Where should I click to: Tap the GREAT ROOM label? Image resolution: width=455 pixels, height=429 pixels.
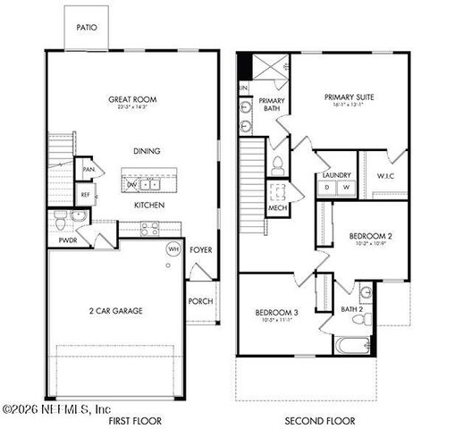click(133, 100)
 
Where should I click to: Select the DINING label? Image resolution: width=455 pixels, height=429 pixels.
click(146, 151)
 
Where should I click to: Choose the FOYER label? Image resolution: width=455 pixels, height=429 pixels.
click(201, 249)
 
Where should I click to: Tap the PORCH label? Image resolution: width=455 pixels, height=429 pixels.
click(200, 301)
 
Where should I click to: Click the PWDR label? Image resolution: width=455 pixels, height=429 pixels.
click(67, 240)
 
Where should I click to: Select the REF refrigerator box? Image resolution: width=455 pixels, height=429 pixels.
click(87, 193)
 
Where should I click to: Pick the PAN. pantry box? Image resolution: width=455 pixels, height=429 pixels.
click(88, 169)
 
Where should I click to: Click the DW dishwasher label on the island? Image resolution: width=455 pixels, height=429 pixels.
click(132, 184)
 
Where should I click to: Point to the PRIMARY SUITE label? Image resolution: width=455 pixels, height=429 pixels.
click(350, 96)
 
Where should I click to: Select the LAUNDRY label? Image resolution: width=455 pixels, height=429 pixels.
click(335, 175)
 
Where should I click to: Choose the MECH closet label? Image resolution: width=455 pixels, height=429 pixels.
click(277, 209)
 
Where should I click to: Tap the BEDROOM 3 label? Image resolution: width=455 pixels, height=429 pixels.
click(276, 312)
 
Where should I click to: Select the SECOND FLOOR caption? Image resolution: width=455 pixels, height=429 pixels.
click(319, 420)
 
